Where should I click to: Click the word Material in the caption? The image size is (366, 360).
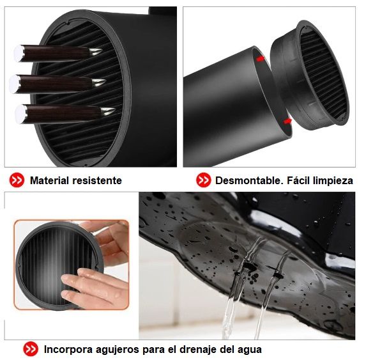coord(49,180)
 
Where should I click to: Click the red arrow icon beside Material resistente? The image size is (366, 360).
coord(17,180)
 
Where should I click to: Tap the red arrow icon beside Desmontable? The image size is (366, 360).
coord(203,180)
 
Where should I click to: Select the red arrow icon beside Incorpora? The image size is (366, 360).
coord(31,349)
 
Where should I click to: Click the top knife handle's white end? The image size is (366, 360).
coord(19,53)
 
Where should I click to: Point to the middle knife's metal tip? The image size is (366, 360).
coord(99,82)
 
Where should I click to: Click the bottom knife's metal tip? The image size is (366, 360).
coord(107,111)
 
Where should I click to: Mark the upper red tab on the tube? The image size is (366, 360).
coord(261,58)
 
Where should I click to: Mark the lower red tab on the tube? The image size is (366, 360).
coord(287,121)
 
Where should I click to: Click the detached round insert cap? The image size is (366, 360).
coord(310,75)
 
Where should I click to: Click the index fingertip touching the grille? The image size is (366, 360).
coord(67,279)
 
